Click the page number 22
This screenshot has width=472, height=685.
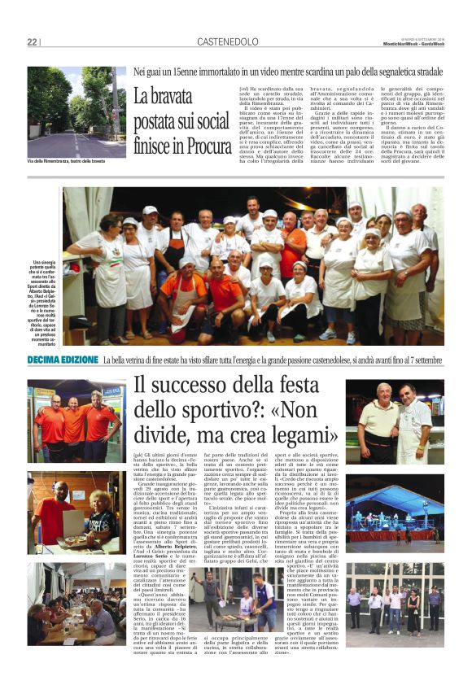tap(33, 42)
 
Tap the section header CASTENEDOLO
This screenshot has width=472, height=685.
tap(227, 42)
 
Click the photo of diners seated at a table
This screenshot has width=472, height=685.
tap(76, 603)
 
